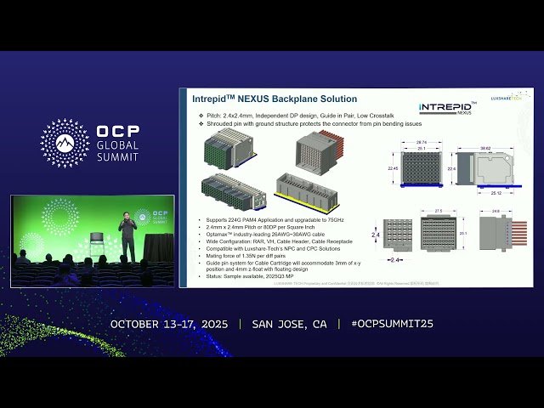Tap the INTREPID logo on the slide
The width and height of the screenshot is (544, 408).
pos(446,108)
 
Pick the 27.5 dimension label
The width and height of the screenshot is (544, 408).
pos(439,210)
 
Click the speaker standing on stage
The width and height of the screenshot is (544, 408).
pos(126,239)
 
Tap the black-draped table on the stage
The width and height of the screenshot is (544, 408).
pos(157,249)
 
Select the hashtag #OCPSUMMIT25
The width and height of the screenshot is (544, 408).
pos(392,324)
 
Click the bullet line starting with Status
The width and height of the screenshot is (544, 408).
pos(249,276)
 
